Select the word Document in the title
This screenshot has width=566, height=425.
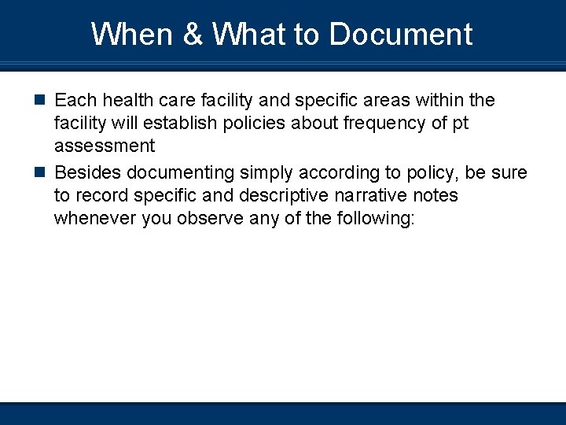(401, 35)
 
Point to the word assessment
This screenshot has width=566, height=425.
(105, 146)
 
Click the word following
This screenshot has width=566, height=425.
(374, 218)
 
